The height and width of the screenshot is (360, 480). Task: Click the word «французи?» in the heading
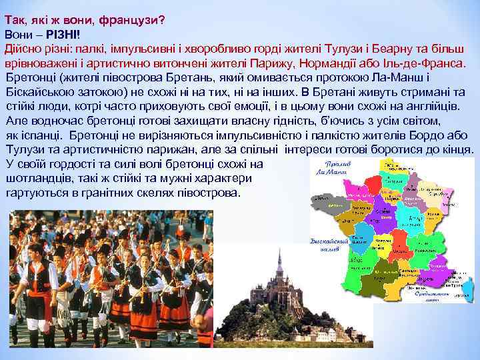131,20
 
